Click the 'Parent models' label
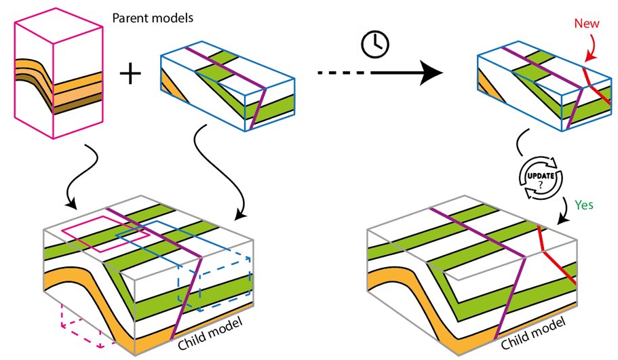pyautogui.click(x=153, y=18)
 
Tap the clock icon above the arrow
pyautogui.click(x=375, y=44)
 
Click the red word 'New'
pyautogui.click(x=587, y=23)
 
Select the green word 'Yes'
pyautogui.click(x=583, y=205)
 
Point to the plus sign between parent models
pyautogui.click(x=130, y=74)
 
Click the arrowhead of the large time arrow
pyautogui.click(x=431, y=73)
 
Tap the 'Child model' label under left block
pyautogui.click(x=210, y=333)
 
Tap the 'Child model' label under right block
pyautogui.click(x=533, y=333)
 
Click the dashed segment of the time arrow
pyautogui.click(x=343, y=73)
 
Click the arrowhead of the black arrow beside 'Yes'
pyautogui.click(x=564, y=220)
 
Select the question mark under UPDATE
pyautogui.click(x=541, y=184)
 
